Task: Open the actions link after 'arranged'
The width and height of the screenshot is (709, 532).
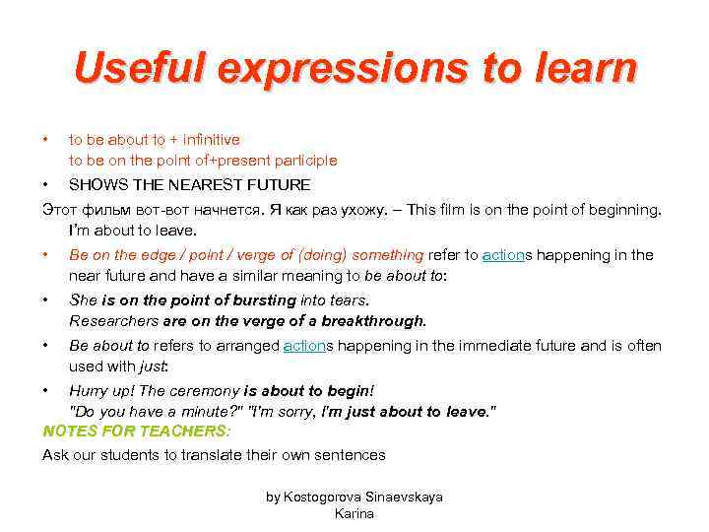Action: click(304, 346)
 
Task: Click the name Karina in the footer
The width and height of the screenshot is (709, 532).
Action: click(354, 514)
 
